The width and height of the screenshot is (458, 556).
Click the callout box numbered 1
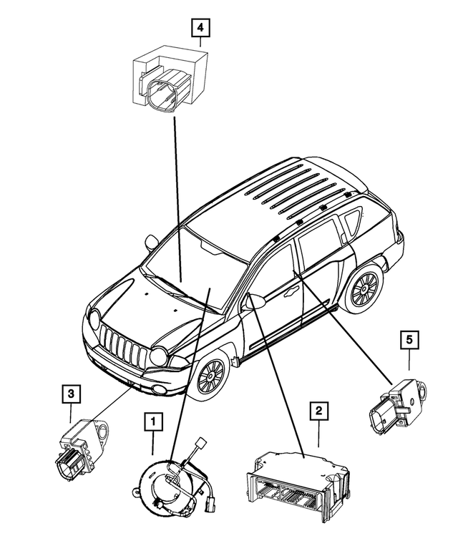[x=152, y=423]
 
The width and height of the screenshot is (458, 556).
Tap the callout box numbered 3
[x=71, y=393]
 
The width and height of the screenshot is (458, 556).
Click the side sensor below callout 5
[x=397, y=406]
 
